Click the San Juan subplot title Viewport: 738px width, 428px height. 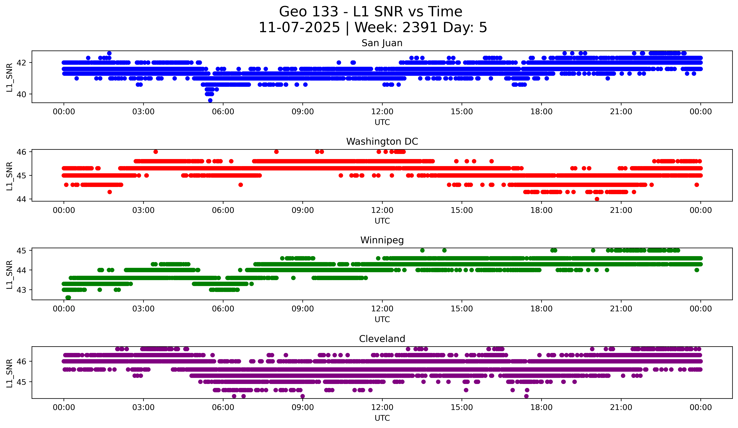coord(382,43)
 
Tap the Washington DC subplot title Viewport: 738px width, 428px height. coord(382,142)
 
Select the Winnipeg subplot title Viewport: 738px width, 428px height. coord(382,240)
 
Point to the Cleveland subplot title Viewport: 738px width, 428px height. coord(382,339)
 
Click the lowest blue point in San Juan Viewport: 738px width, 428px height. coord(210,100)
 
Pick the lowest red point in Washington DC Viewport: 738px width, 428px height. coord(597,199)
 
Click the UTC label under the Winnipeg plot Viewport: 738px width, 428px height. coord(382,319)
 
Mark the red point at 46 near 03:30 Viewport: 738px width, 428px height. coord(156,152)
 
